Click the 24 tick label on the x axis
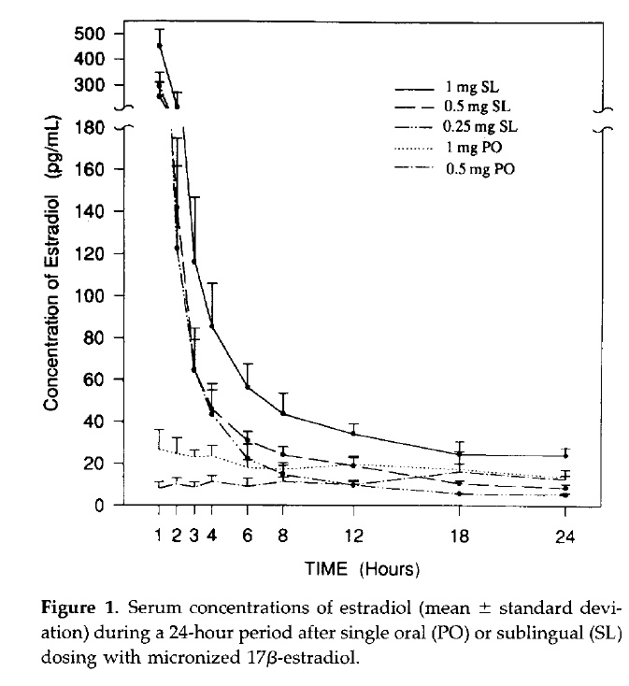(x=565, y=536)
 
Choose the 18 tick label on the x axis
(x=459, y=536)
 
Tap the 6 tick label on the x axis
(x=248, y=536)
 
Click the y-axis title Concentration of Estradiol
(x=53, y=280)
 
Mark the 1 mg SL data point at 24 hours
(x=565, y=456)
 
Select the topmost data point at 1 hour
(x=160, y=45)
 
